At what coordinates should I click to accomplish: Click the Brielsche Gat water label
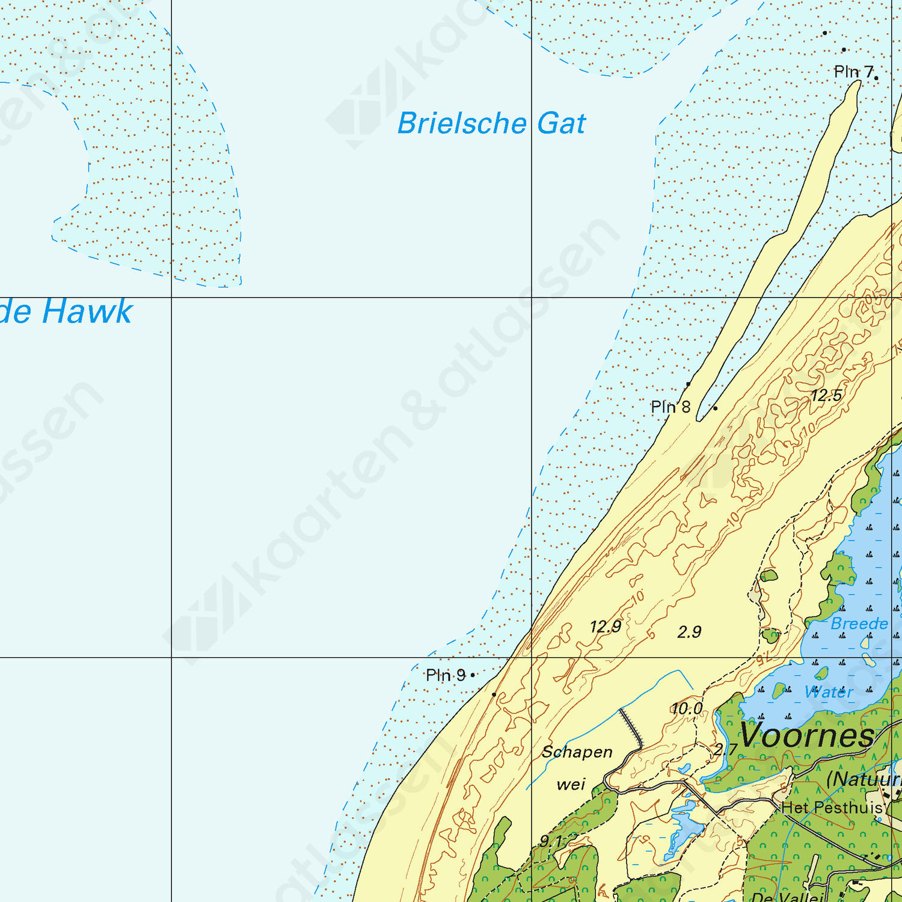coord(491,124)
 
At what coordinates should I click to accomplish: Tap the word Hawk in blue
coord(88,311)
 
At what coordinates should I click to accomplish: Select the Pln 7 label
coord(853,72)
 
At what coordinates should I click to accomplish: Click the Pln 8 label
coord(670,407)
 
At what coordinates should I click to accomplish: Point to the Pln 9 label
coord(445,675)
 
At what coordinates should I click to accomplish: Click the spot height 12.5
coord(826,396)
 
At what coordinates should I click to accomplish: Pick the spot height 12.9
coord(605,627)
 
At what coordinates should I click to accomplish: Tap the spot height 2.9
coord(689,632)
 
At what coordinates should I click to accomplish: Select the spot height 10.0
coord(687,709)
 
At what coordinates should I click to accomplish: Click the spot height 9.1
coord(551,841)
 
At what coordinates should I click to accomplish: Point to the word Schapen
coord(577,752)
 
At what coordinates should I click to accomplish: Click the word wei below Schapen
coord(571,784)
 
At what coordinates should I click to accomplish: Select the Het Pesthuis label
coord(832,808)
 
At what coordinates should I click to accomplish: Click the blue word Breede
coord(859,624)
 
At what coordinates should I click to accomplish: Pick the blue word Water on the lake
coord(829,692)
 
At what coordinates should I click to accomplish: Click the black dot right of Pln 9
coord(473,675)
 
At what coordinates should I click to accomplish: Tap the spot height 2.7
coord(725,750)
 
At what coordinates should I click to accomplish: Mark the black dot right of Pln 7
coord(876,78)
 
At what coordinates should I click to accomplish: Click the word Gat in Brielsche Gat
coord(561,124)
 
